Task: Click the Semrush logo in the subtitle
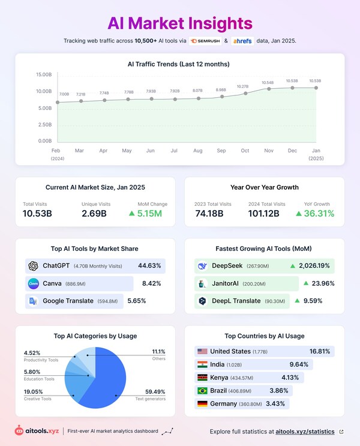[205, 41]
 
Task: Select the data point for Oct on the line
[245, 93]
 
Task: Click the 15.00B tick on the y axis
[44, 75]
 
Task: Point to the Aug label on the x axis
[198, 151]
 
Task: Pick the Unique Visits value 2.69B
[94, 214]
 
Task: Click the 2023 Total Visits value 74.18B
[209, 214]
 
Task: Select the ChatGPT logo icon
[33, 266]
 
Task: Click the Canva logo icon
[33, 283]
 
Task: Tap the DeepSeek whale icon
[202, 266]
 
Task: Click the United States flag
[202, 351]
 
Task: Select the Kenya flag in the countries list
[202, 378]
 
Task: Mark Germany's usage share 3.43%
[275, 404]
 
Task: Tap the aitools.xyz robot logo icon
[20, 431]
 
